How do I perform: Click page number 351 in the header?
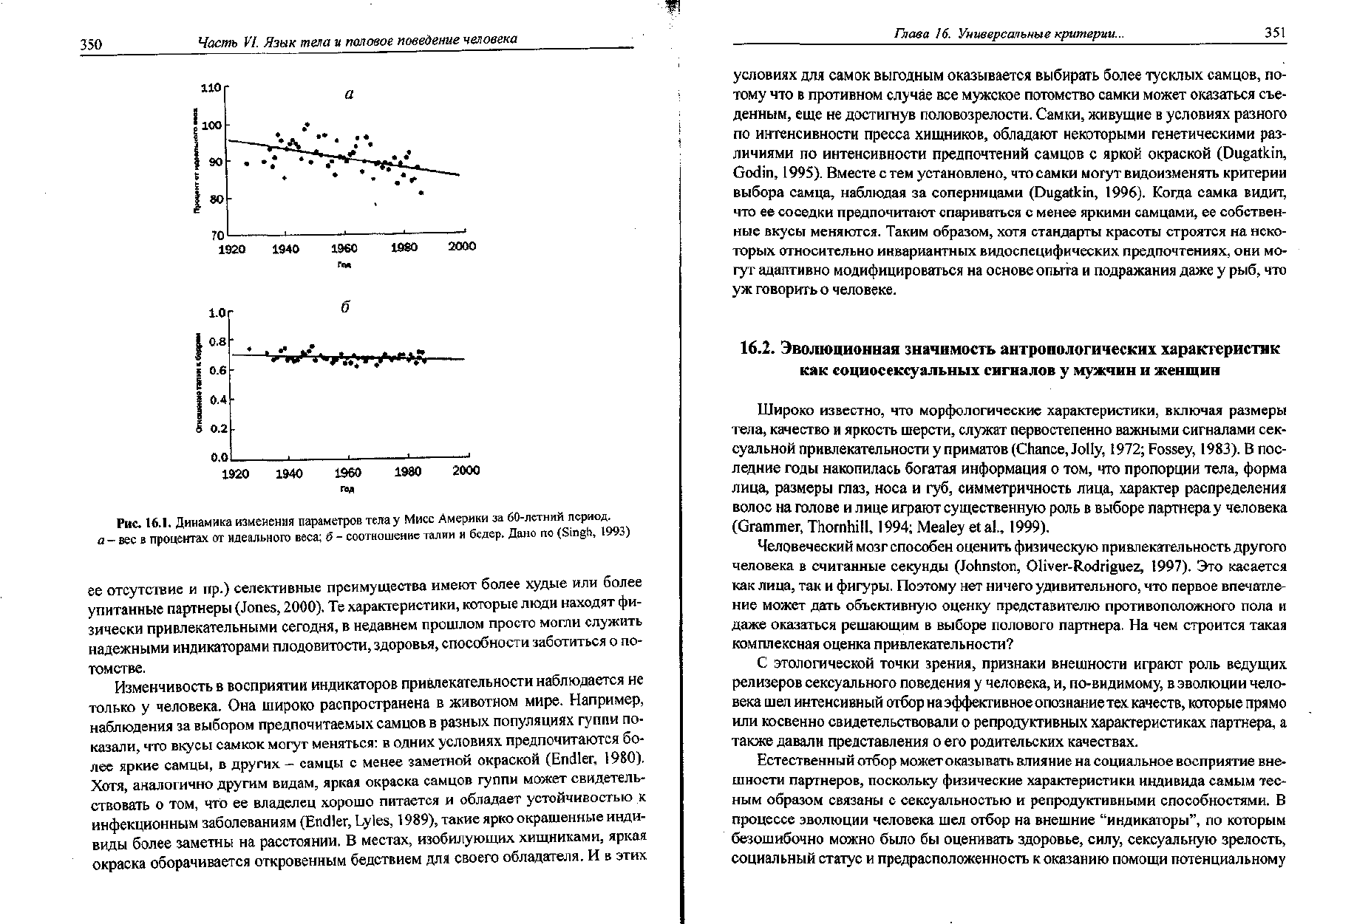click(x=1275, y=33)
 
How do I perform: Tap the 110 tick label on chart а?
click(x=211, y=89)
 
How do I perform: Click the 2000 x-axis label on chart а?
click(x=462, y=247)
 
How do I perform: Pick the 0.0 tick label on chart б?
click(x=217, y=458)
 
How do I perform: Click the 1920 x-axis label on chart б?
click(x=236, y=471)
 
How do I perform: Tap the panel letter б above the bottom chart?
click(x=344, y=307)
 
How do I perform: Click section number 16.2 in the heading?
click(x=755, y=348)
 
